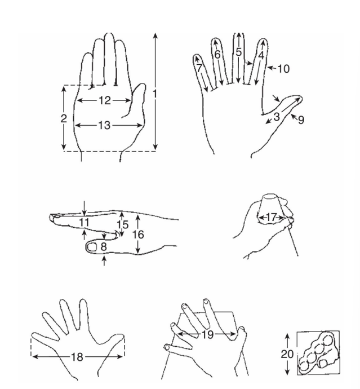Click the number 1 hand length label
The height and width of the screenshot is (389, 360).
[x=155, y=92]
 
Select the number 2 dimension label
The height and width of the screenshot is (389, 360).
[x=64, y=118]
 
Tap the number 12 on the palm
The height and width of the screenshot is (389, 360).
[x=104, y=100]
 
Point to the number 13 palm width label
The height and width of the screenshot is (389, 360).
[x=104, y=126]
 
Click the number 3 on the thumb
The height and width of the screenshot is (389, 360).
[x=277, y=117]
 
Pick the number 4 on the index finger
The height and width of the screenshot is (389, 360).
[x=261, y=55]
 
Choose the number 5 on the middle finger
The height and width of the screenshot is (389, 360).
[x=239, y=52]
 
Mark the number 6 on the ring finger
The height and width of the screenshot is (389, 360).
[x=217, y=55]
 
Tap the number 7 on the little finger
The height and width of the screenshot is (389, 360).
[x=199, y=68]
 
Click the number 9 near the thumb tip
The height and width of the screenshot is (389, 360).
[x=301, y=120]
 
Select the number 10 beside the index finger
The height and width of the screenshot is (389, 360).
[x=283, y=69]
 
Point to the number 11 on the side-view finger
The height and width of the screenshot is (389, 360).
[x=85, y=223]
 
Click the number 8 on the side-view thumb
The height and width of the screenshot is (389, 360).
[x=104, y=246]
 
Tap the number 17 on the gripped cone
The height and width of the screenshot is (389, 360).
[x=272, y=216]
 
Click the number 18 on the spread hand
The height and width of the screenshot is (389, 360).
[x=77, y=357]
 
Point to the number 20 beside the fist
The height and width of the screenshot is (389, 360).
[x=287, y=353]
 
